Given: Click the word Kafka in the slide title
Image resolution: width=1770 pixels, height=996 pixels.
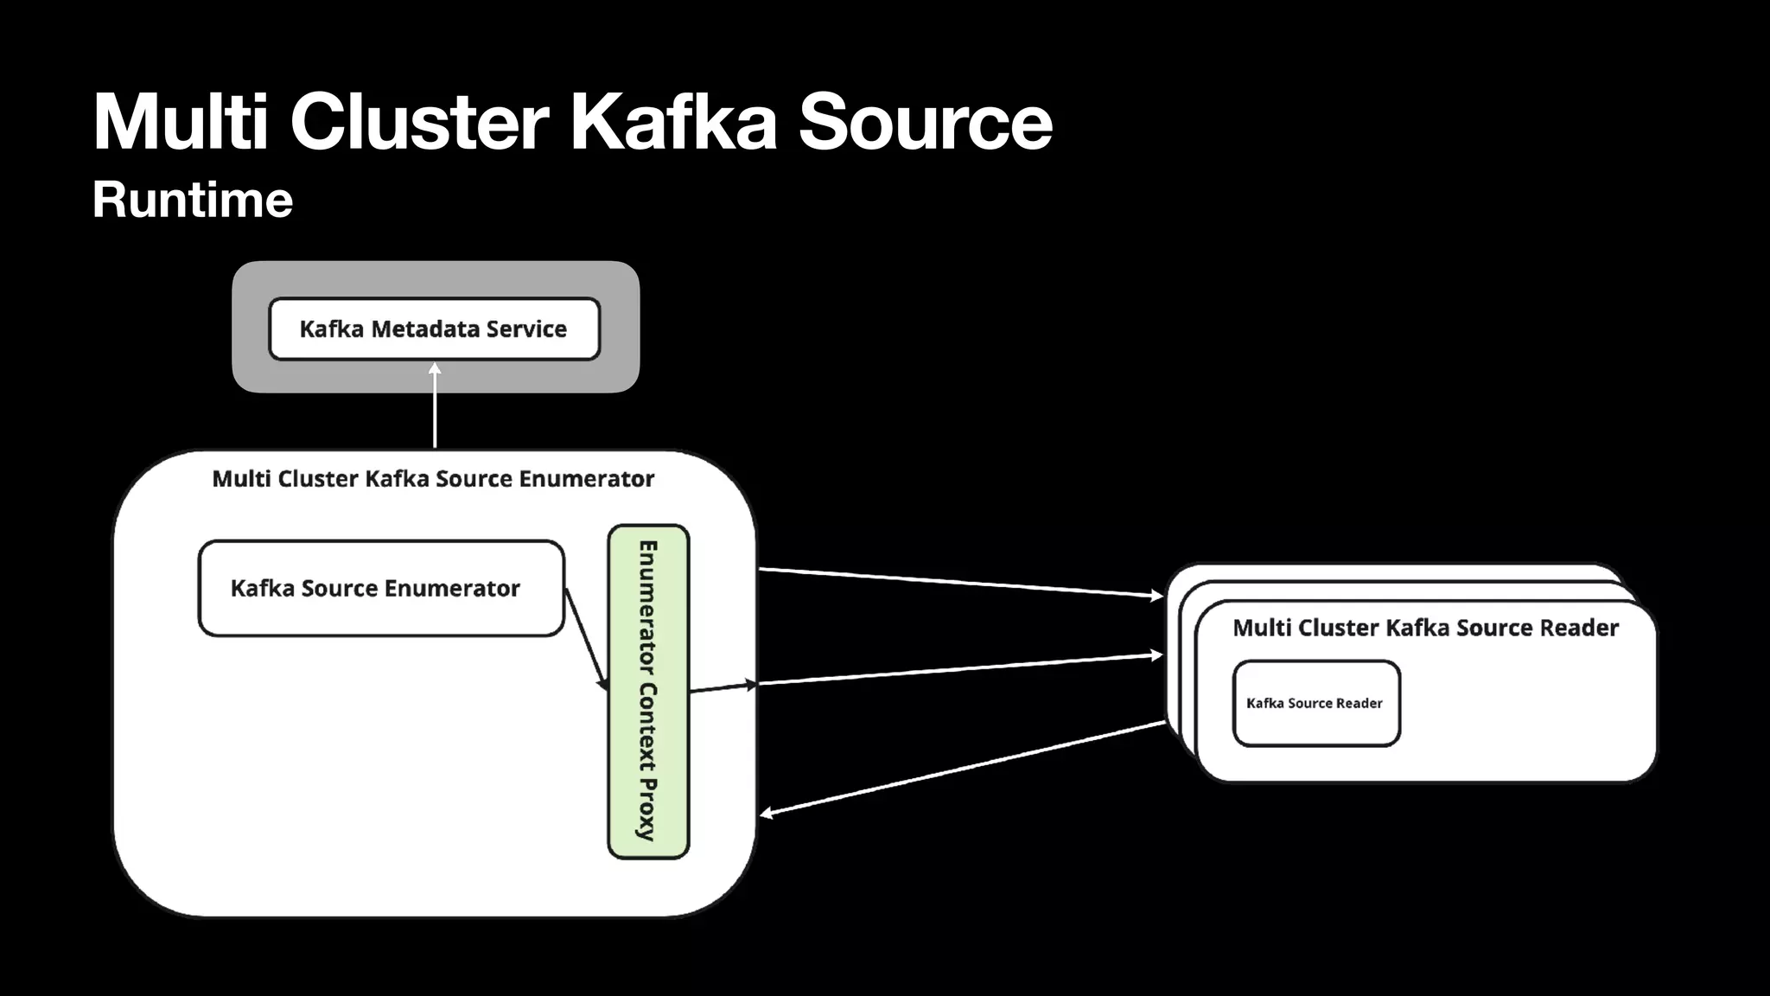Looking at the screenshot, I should tap(673, 122).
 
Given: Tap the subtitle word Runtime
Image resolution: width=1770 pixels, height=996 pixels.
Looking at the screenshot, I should tap(193, 200).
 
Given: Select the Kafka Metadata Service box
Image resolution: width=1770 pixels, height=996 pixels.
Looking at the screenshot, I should tap(434, 329).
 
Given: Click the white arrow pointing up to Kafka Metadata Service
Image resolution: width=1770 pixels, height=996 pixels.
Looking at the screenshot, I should tap(435, 406).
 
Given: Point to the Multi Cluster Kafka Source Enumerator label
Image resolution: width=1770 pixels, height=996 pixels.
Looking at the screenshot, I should tap(433, 478).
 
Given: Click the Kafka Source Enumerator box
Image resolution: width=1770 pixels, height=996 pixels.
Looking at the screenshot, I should tap(380, 589).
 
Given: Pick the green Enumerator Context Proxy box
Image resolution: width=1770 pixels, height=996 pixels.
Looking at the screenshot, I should tap(648, 692).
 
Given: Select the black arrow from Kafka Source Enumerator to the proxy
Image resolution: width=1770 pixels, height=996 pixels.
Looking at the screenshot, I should tap(587, 640).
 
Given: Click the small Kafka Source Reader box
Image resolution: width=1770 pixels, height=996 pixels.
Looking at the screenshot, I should tap(1315, 703).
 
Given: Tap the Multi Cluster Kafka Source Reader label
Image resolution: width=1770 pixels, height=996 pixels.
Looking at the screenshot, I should tap(1425, 628).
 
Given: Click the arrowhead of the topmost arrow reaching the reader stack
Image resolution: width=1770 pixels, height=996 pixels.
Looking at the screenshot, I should tap(1157, 595).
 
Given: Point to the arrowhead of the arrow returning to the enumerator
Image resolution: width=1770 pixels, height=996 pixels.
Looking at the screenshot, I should tap(766, 813).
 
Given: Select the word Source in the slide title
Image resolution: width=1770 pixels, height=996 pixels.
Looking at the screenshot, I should tap(925, 122).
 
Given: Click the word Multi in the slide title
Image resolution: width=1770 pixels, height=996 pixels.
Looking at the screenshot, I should tap(181, 122).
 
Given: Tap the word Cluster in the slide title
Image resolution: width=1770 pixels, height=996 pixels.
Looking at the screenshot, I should tap(419, 122).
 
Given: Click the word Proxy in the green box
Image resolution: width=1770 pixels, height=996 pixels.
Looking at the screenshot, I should tap(648, 809).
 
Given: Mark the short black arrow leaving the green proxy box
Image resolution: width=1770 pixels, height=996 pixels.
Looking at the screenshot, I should tap(723, 687).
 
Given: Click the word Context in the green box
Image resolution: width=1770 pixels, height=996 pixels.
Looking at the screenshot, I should tap(648, 727).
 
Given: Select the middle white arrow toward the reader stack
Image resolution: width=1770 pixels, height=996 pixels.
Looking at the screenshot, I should tap(959, 670).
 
